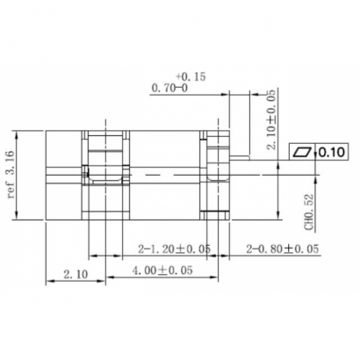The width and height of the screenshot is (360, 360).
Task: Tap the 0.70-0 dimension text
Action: point(170,89)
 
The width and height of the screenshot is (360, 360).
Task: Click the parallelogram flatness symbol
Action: point(304,151)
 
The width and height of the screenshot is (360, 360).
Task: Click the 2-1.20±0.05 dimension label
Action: point(174,248)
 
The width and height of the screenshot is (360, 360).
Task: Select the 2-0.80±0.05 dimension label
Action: point(284,248)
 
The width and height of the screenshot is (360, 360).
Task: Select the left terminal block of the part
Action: point(105,174)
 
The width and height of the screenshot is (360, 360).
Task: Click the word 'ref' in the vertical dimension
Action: point(13,194)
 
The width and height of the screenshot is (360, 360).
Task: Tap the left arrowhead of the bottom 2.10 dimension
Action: point(48,282)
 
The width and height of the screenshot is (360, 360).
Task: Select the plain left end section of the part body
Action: point(64,174)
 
